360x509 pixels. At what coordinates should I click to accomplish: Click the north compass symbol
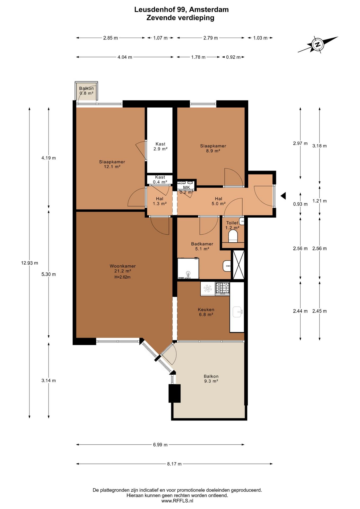[317, 44]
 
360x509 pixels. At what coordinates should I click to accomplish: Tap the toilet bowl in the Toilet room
[233, 236]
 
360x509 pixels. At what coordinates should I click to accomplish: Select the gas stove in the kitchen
[222, 289]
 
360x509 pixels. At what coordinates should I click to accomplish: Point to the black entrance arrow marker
[283, 196]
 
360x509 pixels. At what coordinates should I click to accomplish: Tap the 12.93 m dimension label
[29, 263]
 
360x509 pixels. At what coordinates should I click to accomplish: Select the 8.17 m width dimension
[174, 464]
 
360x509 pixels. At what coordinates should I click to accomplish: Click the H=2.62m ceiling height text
[122, 277]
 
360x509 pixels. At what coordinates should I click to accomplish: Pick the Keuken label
[206, 309]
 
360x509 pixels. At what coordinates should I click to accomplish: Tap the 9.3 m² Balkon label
[211, 379]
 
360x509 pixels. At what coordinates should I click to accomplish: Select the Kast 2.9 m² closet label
[160, 146]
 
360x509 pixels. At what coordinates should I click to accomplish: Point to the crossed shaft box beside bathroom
[238, 264]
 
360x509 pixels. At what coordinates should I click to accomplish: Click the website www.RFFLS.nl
[177, 501]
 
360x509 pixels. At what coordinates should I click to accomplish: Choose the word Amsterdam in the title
[209, 10]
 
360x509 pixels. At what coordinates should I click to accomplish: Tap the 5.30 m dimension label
[49, 274]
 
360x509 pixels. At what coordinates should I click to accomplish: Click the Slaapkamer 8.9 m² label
[213, 148]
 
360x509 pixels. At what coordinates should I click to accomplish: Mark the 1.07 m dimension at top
[160, 38]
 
